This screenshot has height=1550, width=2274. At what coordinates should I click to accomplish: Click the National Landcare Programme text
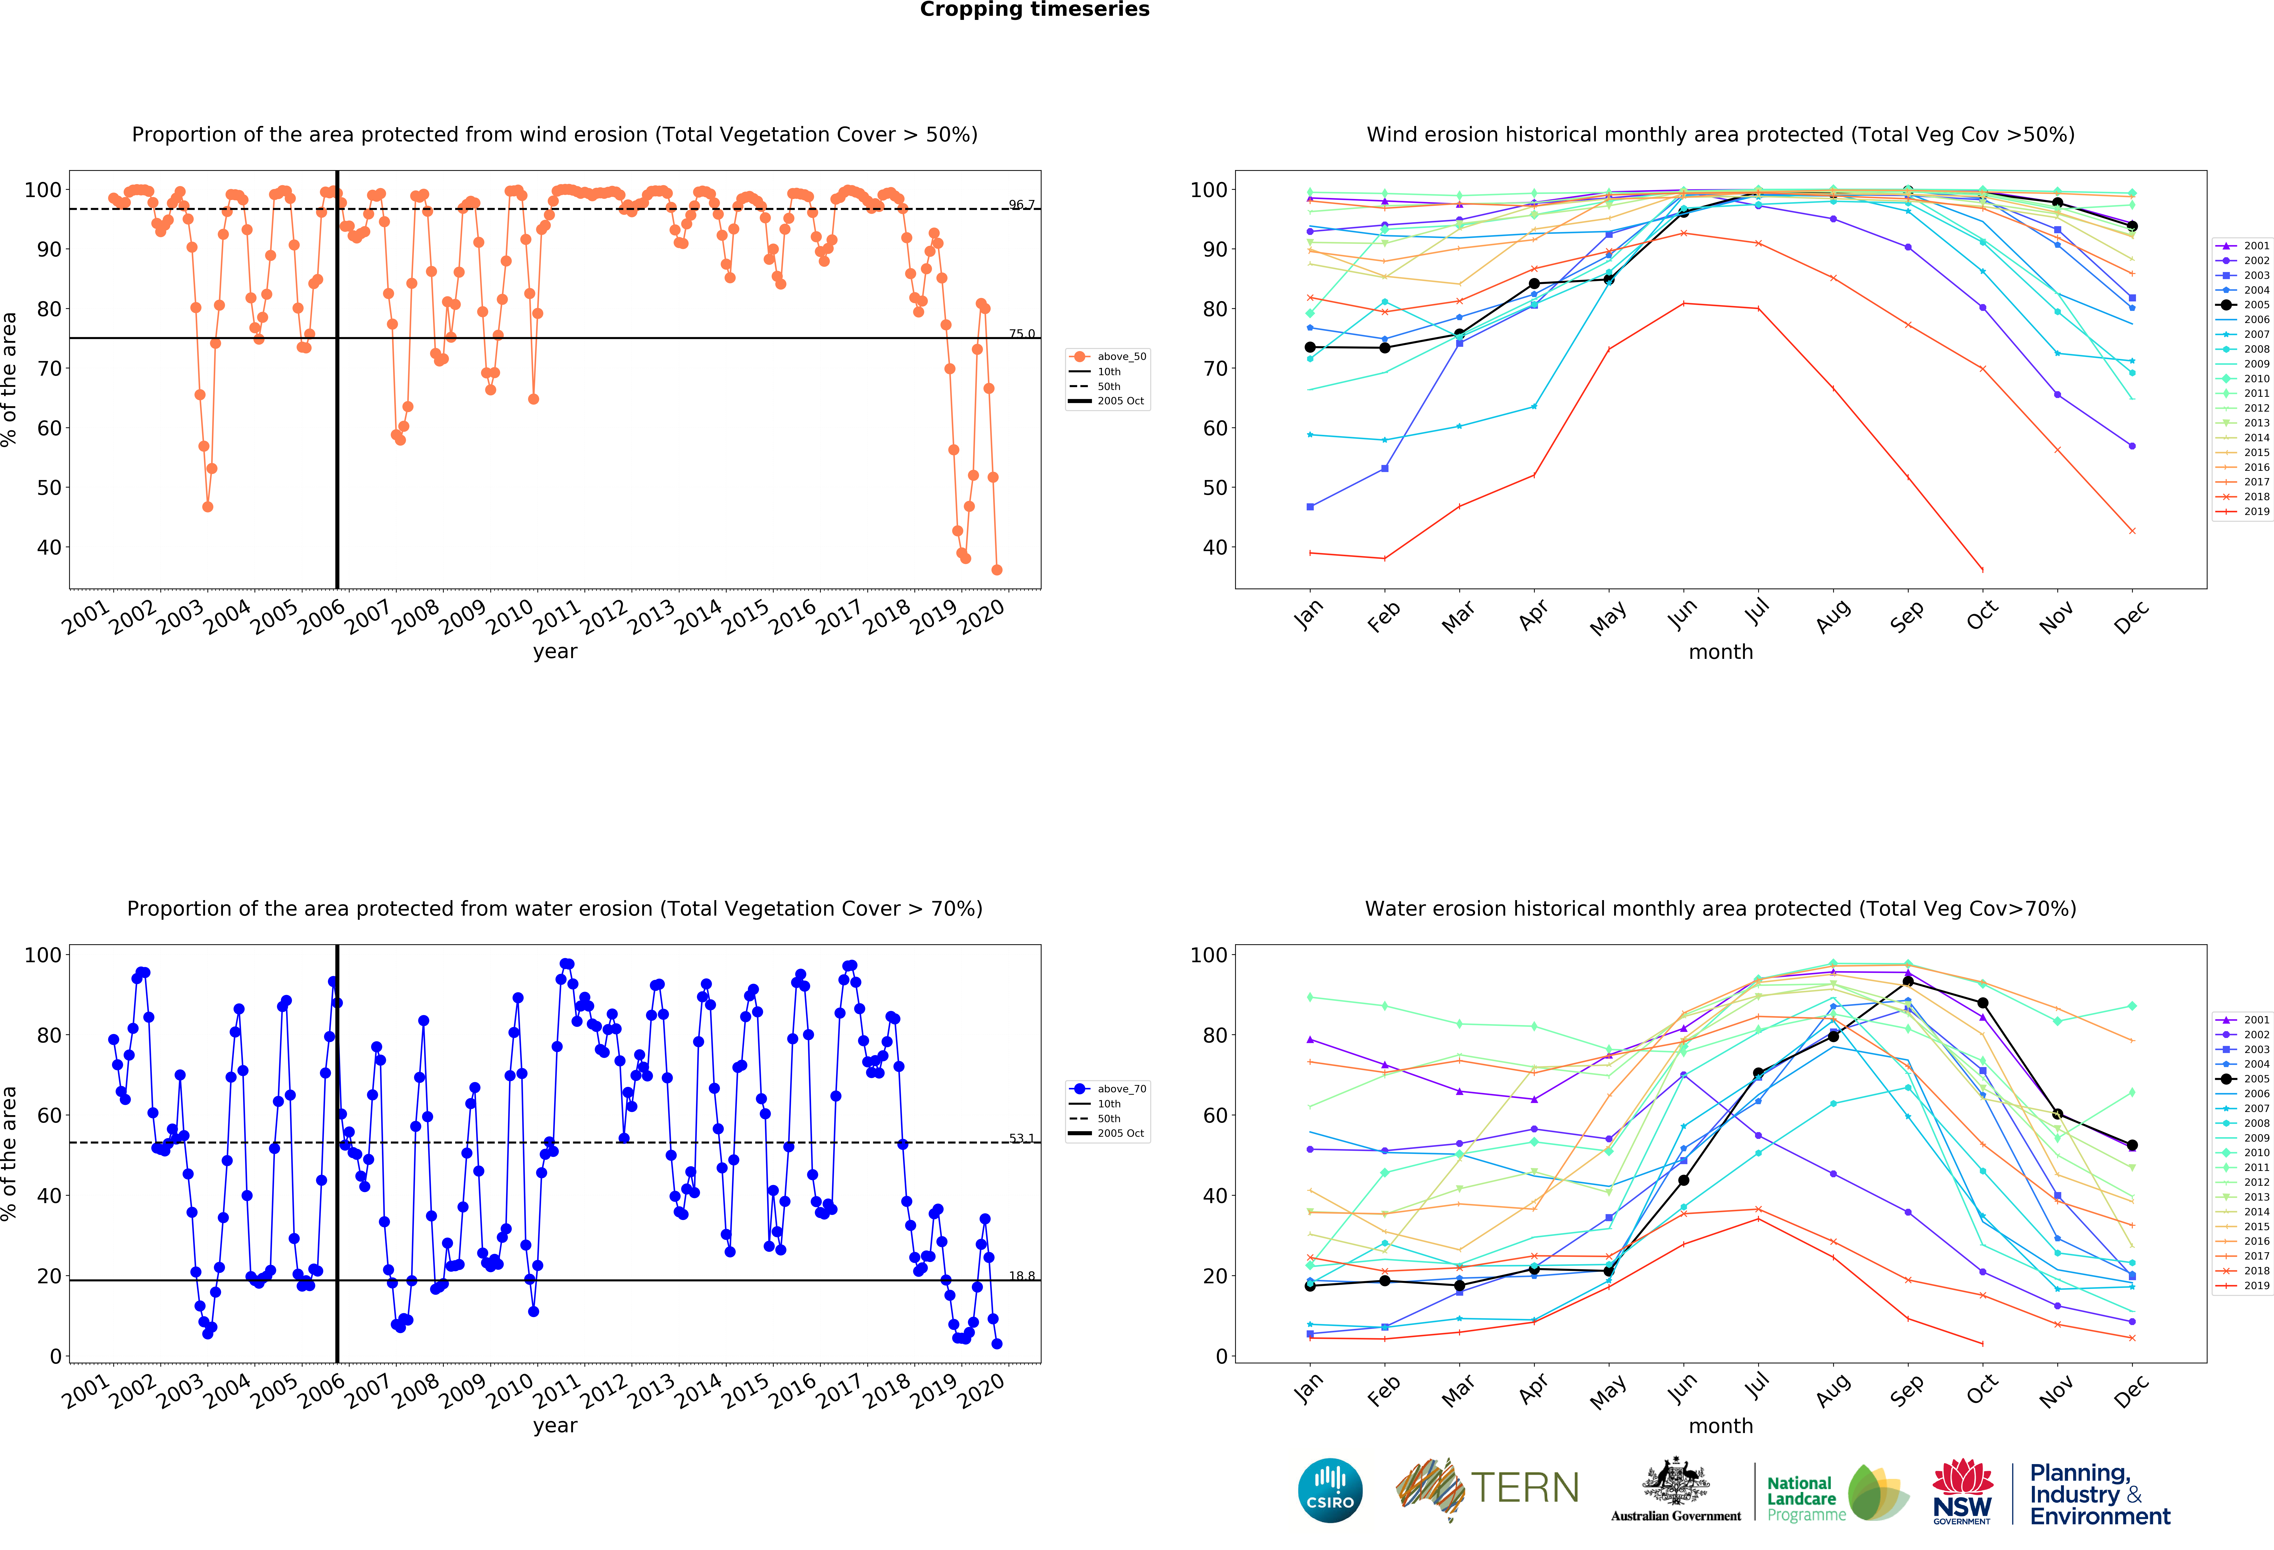tap(1801, 1498)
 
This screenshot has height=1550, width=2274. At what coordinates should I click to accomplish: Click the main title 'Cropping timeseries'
tap(1034, 10)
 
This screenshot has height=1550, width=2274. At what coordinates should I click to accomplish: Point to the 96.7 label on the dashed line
tap(1022, 205)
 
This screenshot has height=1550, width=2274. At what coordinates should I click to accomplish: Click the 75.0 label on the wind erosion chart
tap(1022, 334)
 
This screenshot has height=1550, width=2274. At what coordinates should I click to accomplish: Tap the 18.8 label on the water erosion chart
tap(1022, 1276)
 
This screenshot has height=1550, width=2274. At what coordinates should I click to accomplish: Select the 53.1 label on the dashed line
tap(1022, 1138)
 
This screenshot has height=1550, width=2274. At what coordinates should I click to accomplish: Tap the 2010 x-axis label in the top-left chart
tap(510, 618)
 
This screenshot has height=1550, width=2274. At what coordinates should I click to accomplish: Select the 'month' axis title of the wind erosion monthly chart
tap(1720, 652)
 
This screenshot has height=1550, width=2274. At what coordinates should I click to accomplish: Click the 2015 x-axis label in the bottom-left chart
tap(746, 1392)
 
